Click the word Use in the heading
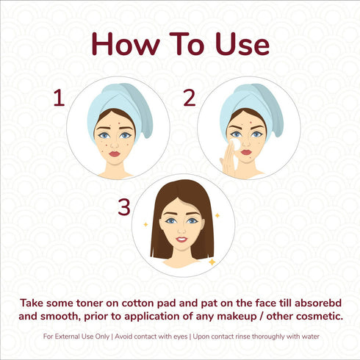click(x=242, y=44)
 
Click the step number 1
click(x=60, y=98)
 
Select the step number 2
click(x=190, y=98)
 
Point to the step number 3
click(x=124, y=207)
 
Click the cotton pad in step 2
click(x=236, y=144)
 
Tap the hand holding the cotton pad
click(x=228, y=159)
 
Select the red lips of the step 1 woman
click(x=115, y=154)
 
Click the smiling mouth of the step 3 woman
click(x=181, y=240)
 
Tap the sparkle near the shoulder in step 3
click(x=212, y=262)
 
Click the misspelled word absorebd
click(x=318, y=303)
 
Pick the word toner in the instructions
click(x=90, y=303)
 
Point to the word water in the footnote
click(x=310, y=336)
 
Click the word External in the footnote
click(x=65, y=336)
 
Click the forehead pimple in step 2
click(x=251, y=122)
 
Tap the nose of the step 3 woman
click(x=181, y=230)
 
